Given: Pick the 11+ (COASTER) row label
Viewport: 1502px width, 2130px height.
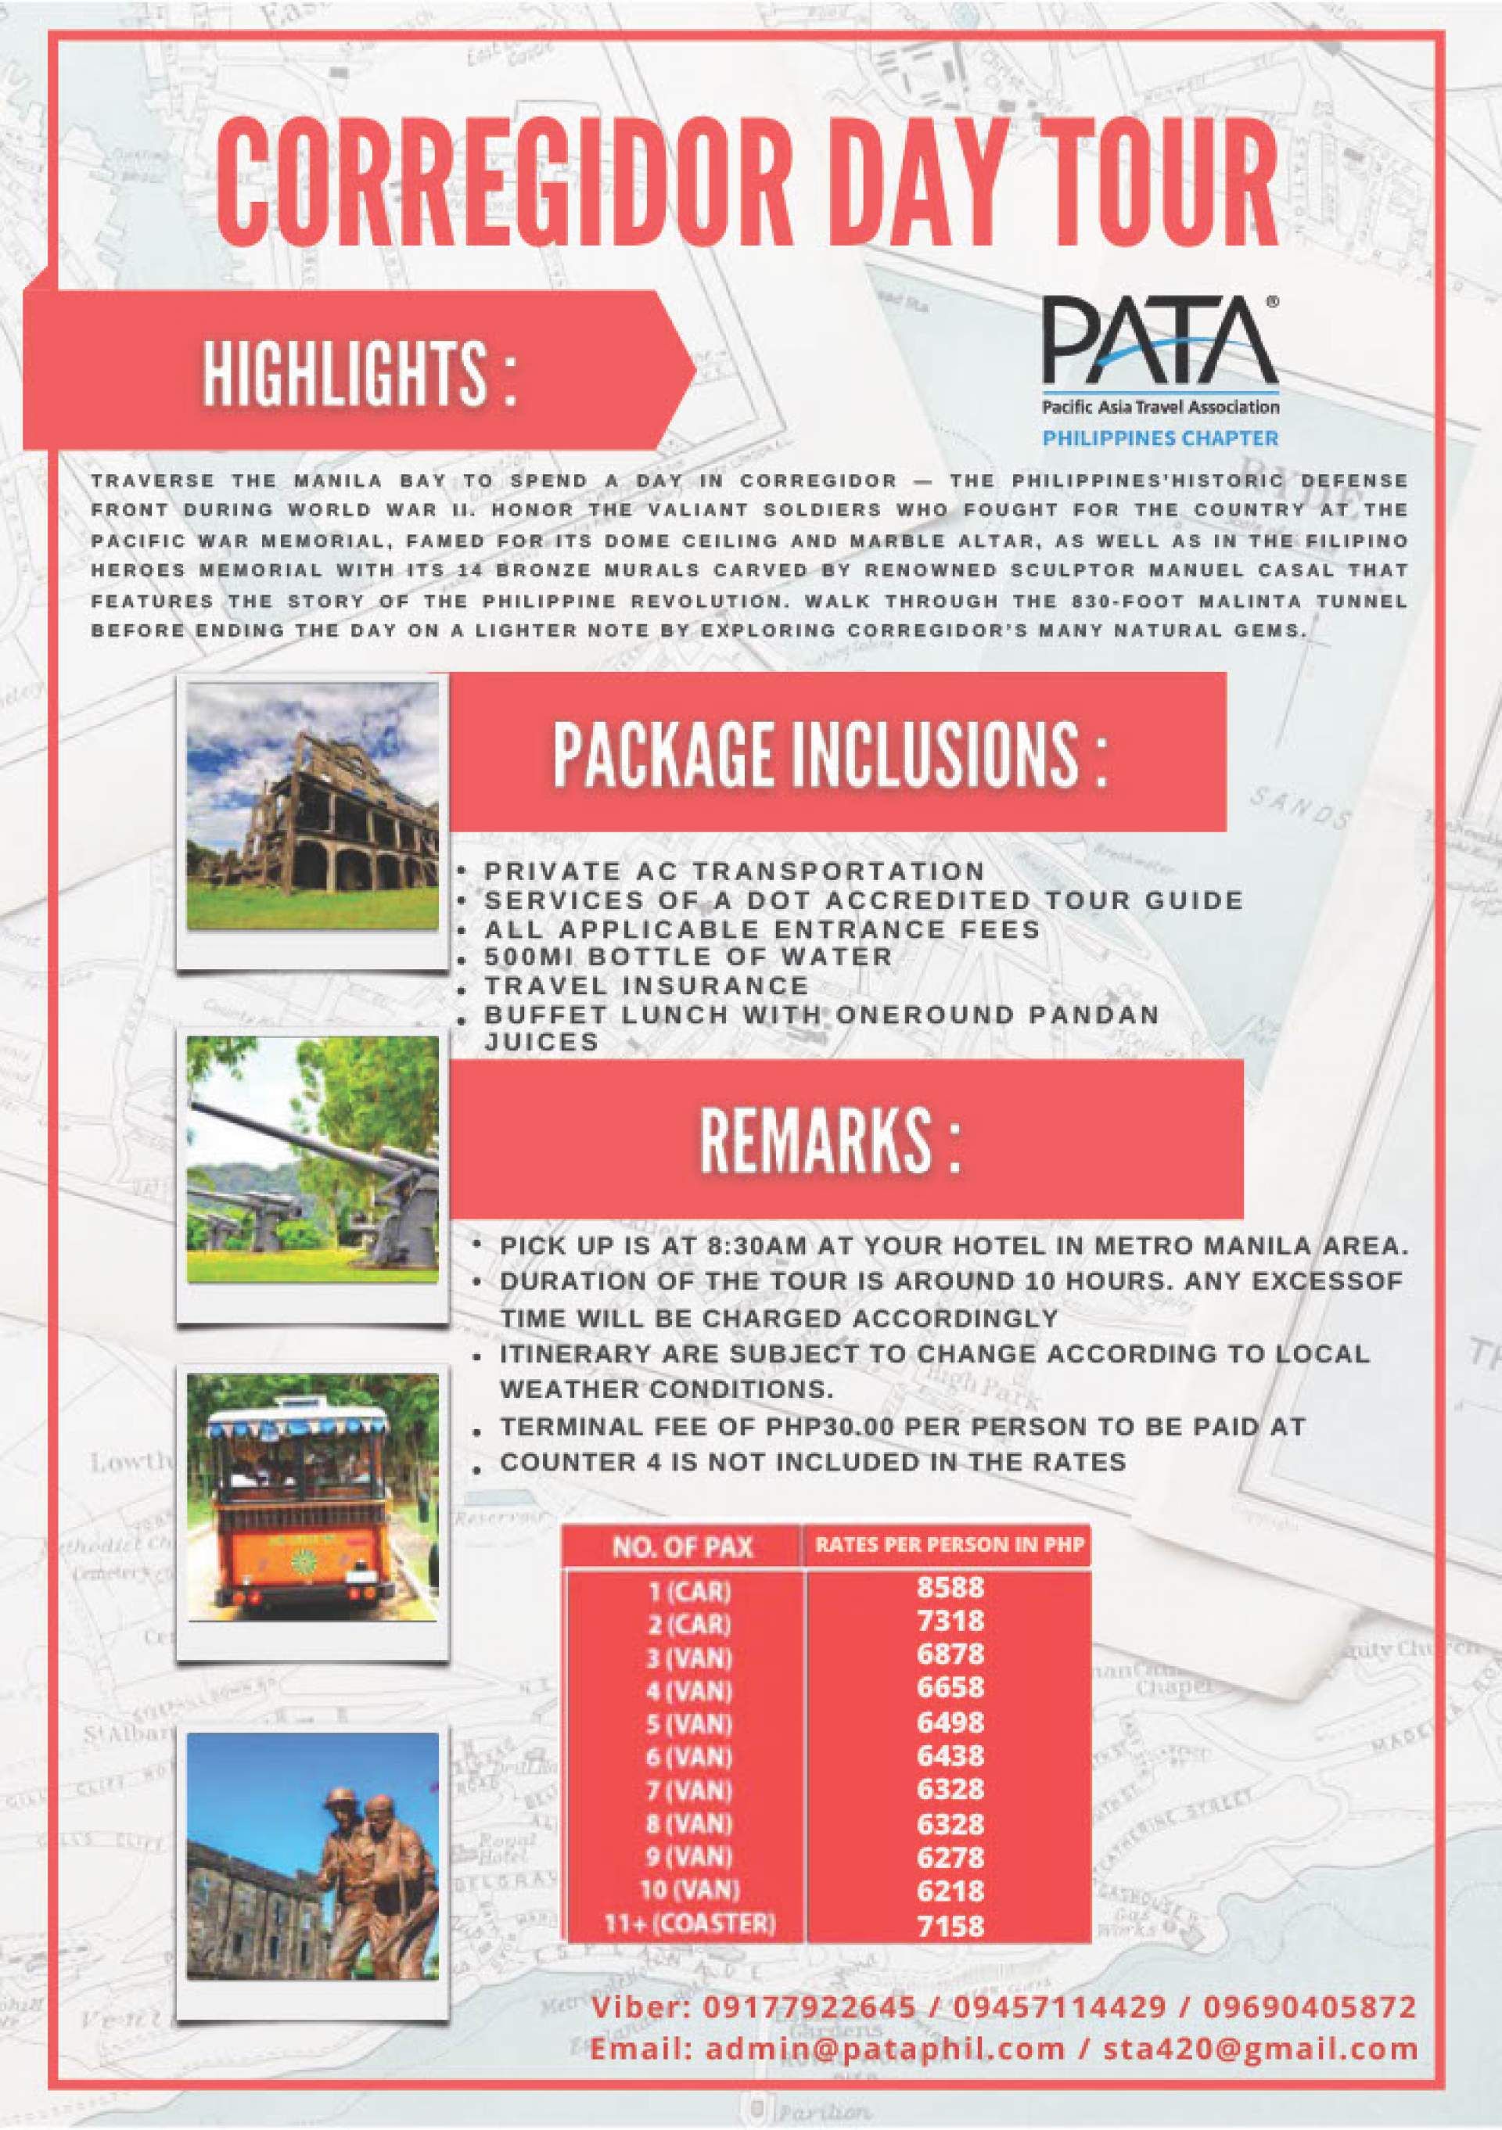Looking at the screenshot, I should (688, 1924).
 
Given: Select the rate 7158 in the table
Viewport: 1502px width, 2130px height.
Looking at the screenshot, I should (949, 1926).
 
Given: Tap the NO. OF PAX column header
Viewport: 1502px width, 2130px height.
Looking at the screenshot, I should (682, 1546).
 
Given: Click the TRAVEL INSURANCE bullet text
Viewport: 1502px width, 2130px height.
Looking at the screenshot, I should (647, 986).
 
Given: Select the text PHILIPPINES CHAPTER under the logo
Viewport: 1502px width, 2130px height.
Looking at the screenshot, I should (1159, 438).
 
